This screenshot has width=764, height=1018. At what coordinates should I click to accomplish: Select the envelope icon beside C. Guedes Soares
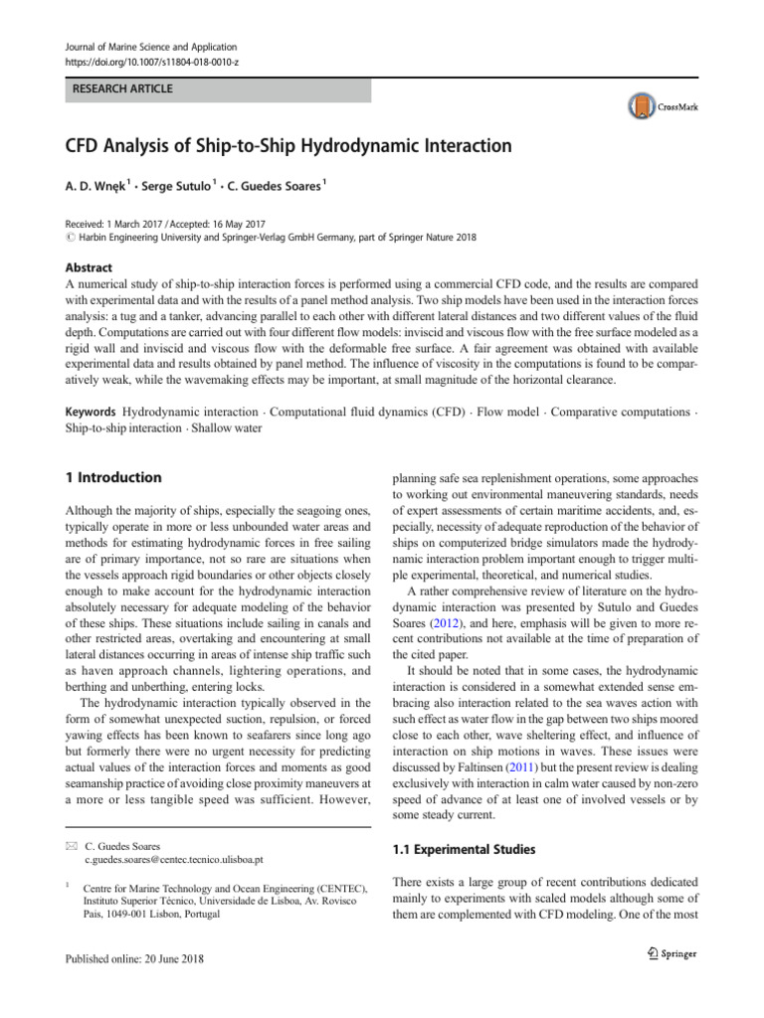click(69, 842)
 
